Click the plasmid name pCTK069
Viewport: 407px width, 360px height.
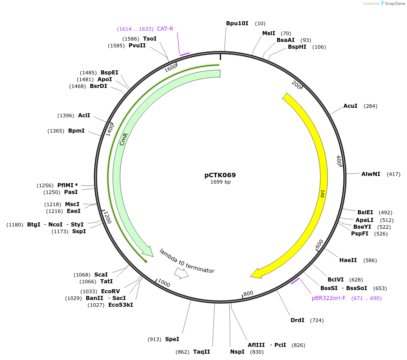(x=220, y=175)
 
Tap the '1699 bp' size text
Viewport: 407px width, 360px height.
(x=220, y=182)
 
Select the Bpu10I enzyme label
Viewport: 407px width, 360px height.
(x=237, y=23)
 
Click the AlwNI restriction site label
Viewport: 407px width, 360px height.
(x=370, y=174)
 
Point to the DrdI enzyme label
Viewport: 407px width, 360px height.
(x=297, y=320)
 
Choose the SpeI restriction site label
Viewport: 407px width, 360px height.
(x=172, y=339)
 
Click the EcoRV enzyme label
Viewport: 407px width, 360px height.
(x=111, y=291)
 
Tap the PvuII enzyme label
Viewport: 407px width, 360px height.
(x=137, y=46)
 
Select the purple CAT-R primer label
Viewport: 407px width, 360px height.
(x=165, y=29)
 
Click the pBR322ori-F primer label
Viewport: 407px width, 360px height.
(x=328, y=298)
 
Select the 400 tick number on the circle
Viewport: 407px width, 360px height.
(x=338, y=160)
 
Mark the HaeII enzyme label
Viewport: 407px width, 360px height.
(x=348, y=260)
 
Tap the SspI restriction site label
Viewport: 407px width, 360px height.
(x=79, y=231)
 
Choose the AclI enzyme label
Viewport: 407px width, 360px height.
(x=84, y=115)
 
